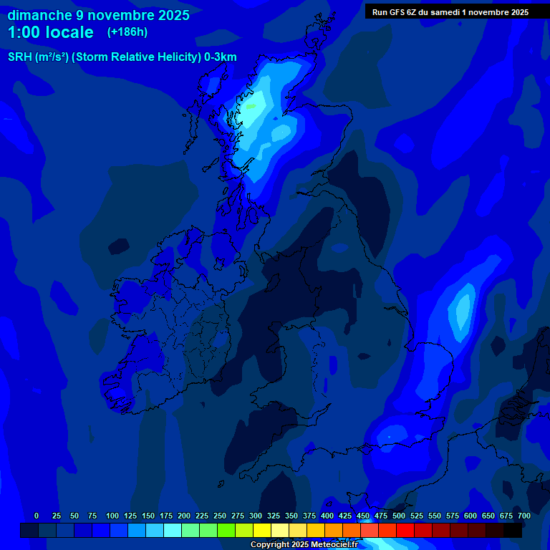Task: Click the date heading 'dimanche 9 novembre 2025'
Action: [x=99, y=15]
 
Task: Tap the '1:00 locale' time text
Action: [x=50, y=32]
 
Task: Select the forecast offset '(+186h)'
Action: [x=127, y=32]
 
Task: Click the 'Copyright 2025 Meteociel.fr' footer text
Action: [x=304, y=545]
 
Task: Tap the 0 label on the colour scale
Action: [x=37, y=516]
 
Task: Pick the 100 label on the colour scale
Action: [x=112, y=516]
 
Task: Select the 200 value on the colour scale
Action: [x=183, y=516]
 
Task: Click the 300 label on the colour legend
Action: [x=255, y=516]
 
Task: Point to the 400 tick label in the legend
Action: [x=327, y=516]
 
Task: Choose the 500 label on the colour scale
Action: [x=398, y=516]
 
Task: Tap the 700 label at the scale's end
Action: [x=524, y=516]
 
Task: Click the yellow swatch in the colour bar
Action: [x=262, y=530]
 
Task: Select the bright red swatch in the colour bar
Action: [x=405, y=530]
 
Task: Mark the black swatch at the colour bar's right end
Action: [x=513, y=530]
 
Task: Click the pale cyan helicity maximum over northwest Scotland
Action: [x=250, y=111]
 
